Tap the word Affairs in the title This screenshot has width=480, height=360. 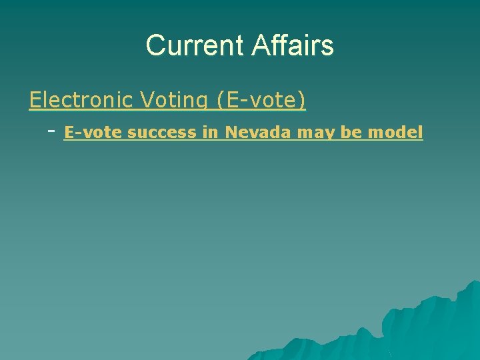293,45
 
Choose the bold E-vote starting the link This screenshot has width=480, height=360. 93,133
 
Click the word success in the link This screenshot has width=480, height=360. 163,133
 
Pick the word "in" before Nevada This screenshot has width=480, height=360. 210,133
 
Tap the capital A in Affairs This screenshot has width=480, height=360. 261,45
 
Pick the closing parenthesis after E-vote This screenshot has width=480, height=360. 303,101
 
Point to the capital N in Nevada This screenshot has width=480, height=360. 231,133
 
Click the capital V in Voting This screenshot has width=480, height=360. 147,100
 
